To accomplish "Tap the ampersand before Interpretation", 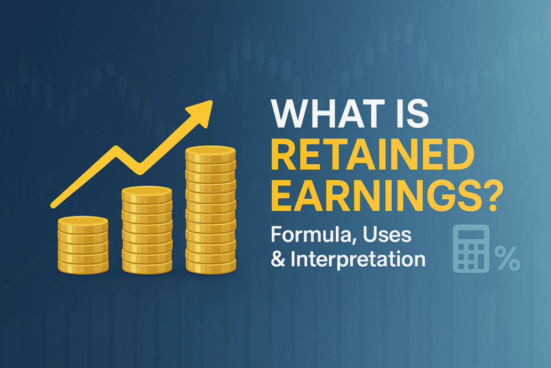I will (278, 260).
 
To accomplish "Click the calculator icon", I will (471, 248).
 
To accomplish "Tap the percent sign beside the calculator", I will (507, 258).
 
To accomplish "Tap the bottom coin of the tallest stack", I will (210, 266).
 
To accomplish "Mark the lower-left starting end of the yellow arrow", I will (54, 205).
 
